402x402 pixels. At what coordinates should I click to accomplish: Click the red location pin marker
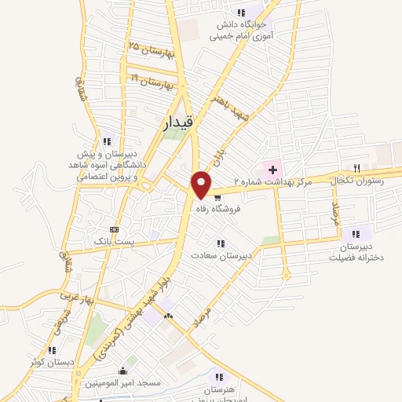pyautogui.click(x=202, y=184)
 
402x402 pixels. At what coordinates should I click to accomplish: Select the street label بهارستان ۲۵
pyautogui.click(x=149, y=49)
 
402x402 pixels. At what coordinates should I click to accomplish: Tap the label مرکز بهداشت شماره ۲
pyautogui.click(x=275, y=182)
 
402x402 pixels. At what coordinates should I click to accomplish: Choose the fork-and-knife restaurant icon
pyautogui.click(x=356, y=167)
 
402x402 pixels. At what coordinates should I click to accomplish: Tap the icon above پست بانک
pyautogui.click(x=115, y=229)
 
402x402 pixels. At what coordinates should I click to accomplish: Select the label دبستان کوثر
pyautogui.click(x=51, y=362)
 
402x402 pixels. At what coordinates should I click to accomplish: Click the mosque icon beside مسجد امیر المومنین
pyautogui.click(x=122, y=371)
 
